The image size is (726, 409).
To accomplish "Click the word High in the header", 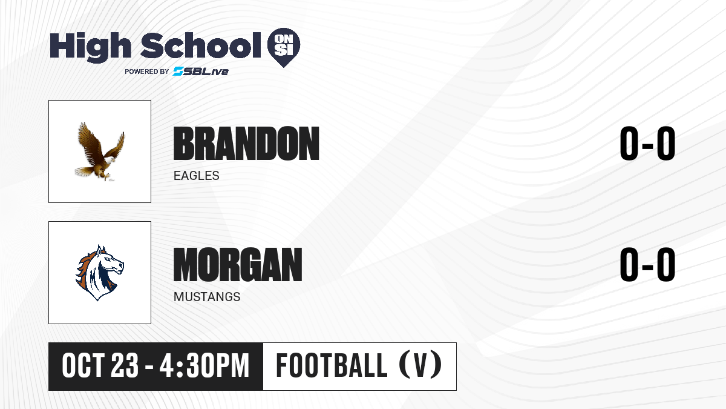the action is point(90,47).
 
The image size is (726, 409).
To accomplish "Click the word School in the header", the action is point(201,45).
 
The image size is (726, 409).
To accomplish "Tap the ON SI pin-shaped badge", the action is point(284,47).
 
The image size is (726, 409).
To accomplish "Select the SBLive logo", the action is point(200,71).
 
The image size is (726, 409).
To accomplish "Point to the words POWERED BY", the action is point(147,71).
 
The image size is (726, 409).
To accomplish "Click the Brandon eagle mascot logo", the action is point(100,151).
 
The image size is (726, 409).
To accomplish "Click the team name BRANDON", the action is point(246,144).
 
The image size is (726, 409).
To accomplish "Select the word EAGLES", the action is point(197,176).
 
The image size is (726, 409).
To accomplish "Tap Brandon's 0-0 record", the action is point(647,143).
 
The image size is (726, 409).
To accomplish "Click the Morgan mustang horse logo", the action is point(99,273).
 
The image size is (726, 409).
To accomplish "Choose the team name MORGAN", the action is point(238,265).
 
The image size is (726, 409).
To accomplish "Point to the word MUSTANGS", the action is point(207,297).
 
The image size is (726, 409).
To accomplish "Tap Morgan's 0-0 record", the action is point(647,264).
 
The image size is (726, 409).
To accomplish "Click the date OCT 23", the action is point(100,366).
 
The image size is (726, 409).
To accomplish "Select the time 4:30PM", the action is point(204,366).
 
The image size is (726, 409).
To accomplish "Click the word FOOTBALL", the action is point(332,365).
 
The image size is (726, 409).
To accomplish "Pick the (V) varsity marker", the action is point(420,365).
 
